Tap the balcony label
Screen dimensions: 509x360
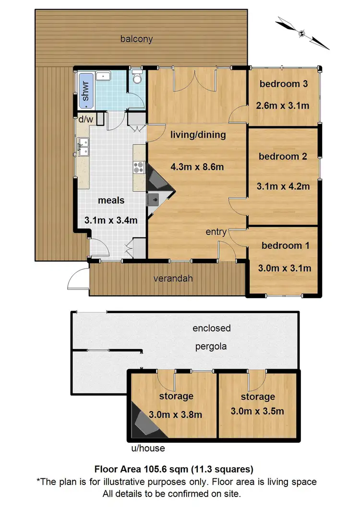coord(136,39)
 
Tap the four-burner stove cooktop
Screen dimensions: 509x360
coord(139,168)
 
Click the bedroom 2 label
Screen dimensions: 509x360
coord(283,156)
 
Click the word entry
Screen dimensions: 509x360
coord(216,232)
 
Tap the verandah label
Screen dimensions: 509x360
coord(173,279)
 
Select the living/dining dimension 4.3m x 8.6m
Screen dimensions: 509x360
coord(197,167)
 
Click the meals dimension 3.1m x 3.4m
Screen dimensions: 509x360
coord(111,220)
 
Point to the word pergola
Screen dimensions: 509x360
coord(211,346)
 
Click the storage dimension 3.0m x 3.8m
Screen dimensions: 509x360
coord(175,414)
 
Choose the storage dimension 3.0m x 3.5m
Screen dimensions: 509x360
coord(257,411)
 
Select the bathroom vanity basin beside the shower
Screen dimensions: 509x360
coord(103,76)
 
